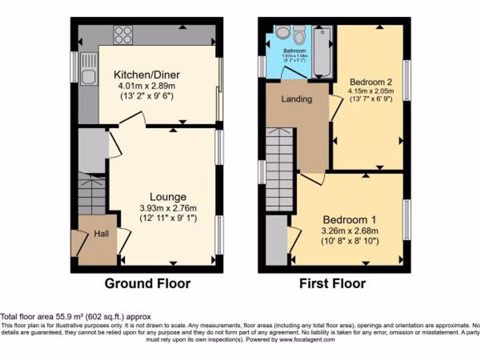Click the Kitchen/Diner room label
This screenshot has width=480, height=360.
[147, 75]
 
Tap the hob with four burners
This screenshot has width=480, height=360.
[123, 34]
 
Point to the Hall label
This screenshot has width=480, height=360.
[101, 233]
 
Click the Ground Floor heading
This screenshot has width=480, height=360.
[147, 284]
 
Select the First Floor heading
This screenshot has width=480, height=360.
[332, 284]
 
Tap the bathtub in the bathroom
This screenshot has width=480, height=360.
[322, 52]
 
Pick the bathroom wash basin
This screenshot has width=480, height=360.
[282, 32]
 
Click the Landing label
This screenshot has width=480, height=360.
[296, 99]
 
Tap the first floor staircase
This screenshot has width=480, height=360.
[279, 162]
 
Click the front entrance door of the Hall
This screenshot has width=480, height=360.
[78, 243]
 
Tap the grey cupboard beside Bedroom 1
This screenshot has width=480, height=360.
[276, 240]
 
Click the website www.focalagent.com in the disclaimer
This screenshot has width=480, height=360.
[307, 339]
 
